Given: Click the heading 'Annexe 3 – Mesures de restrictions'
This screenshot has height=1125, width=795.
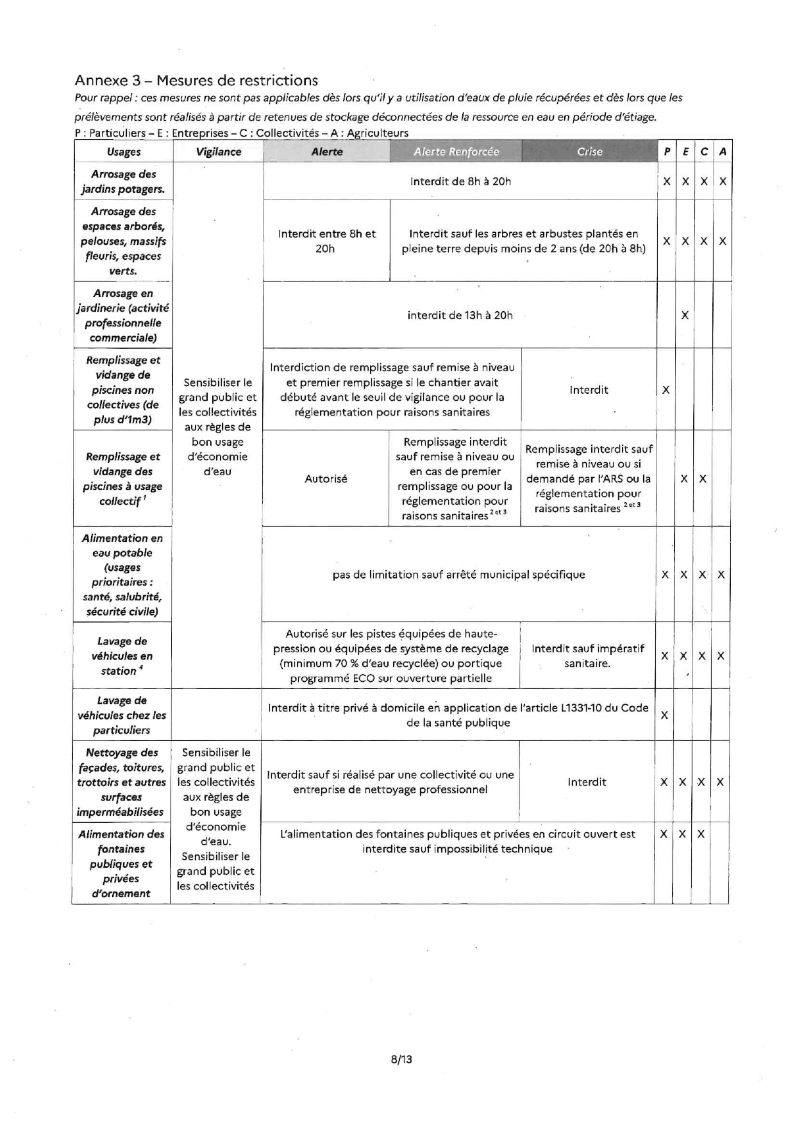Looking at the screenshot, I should (x=196, y=80).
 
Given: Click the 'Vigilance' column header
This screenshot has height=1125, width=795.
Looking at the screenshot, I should (x=219, y=151).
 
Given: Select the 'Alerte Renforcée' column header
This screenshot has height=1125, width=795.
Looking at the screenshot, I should (x=456, y=151).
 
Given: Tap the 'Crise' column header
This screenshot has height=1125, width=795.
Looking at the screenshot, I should (x=589, y=151).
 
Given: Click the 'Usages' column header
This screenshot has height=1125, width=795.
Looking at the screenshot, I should (x=124, y=151).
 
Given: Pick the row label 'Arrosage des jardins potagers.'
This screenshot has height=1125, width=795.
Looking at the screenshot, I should (x=123, y=182).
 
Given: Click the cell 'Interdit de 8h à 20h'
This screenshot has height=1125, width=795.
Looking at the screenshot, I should (x=460, y=182).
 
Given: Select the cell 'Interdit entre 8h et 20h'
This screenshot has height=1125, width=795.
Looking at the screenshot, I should (x=326, y=241).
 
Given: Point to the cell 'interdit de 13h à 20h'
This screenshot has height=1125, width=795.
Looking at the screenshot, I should (x=460, y=315).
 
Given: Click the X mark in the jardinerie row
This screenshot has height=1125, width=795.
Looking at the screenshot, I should (x=685, y=315).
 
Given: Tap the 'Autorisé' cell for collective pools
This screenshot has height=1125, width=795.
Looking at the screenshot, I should (x=326, y=478).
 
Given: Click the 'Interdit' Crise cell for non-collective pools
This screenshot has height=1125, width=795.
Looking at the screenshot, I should (x=589, y=389).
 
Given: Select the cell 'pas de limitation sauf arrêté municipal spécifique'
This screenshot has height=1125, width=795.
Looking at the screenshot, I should (x=458, y=575).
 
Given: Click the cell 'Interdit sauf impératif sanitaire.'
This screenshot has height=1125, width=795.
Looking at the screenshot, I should (x=587, y=656).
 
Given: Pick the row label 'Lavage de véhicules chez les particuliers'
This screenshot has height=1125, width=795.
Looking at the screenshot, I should (x=122, y=715).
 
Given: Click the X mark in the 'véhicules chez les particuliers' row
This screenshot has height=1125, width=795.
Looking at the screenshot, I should (x=664, y=715).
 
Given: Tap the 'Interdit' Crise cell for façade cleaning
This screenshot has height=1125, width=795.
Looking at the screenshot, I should (x=587, y=782).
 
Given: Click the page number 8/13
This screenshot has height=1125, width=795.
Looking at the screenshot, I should (x=401, y=1059).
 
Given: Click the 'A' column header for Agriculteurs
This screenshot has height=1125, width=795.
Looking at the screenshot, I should (x=723, y=151).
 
